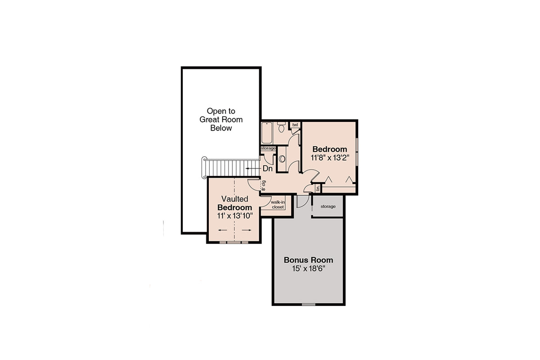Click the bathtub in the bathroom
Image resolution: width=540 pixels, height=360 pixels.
(266, 133)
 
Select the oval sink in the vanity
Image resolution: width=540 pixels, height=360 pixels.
(282, 159)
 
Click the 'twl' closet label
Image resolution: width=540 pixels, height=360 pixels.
(295, 125)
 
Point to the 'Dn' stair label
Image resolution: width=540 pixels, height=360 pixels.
(268, 169)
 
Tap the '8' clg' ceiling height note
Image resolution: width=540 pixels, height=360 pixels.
(264, 185)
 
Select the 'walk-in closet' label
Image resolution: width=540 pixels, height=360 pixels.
(277, 205)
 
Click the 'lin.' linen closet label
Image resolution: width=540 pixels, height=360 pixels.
(317, 188)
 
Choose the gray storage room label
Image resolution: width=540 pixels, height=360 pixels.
(328, 207)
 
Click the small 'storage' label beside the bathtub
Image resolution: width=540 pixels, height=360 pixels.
(268, 148)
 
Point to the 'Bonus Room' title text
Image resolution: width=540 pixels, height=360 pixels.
(308, 260)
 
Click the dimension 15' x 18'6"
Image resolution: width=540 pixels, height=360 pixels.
(308, 269)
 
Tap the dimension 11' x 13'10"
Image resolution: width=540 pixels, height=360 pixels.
(234, 216)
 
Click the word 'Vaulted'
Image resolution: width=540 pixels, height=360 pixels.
(234, 199)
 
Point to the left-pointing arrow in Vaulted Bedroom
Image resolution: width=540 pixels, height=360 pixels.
(222, 230)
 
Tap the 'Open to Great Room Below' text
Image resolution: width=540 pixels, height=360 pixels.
(221, 119)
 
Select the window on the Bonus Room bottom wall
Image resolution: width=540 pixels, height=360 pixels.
(308, 305)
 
